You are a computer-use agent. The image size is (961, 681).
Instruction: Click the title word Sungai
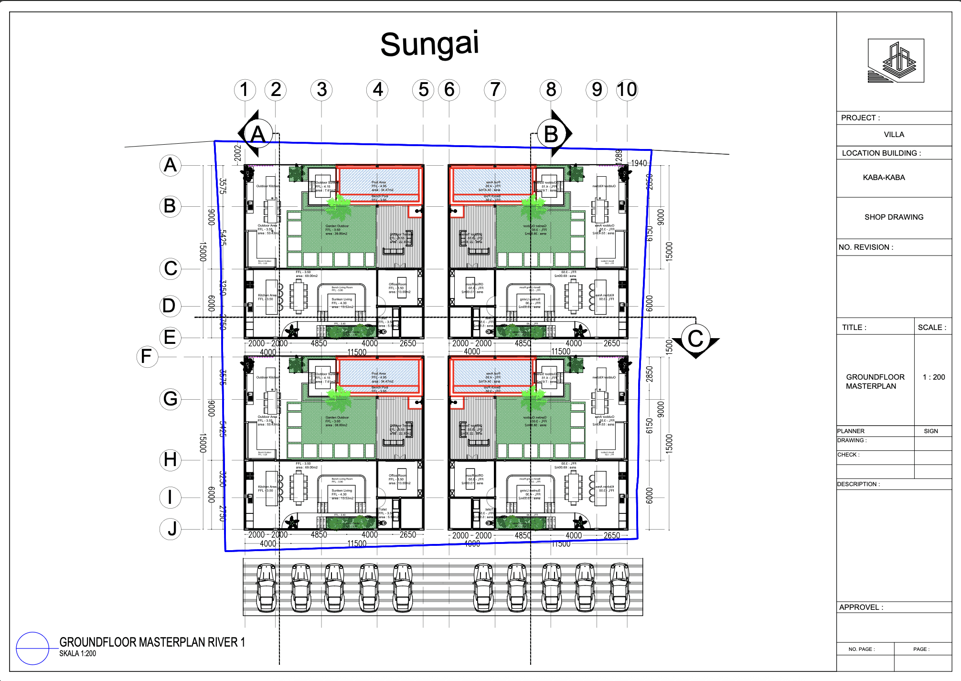pos(429,44)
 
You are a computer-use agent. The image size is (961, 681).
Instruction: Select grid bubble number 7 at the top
pos(495,90)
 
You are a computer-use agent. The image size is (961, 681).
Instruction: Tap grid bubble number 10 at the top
pos(627,90)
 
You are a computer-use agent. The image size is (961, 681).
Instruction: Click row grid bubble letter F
pos(147,357)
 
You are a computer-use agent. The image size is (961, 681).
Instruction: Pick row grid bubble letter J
pos(171,529)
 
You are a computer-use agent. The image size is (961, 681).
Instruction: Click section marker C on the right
pos(695,339)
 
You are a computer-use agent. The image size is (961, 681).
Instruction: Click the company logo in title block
pos(896,61)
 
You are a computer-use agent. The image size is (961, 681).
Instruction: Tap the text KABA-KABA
pos(884,178)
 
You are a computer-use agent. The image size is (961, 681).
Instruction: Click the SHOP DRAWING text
pos(894,217)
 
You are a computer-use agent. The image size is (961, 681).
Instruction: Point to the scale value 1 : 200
pos(933,377)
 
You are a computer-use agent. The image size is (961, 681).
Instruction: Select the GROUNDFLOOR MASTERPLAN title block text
pos(875,382)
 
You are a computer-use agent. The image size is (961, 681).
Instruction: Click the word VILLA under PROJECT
pos(894,135)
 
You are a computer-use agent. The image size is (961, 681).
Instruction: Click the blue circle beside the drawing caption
pos(32,648)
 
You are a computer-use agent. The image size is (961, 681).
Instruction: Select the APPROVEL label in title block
pos(861,607)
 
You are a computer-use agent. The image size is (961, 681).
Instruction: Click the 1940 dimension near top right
pos(639,163)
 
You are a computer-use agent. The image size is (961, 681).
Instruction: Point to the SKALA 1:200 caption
pos(77,654)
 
